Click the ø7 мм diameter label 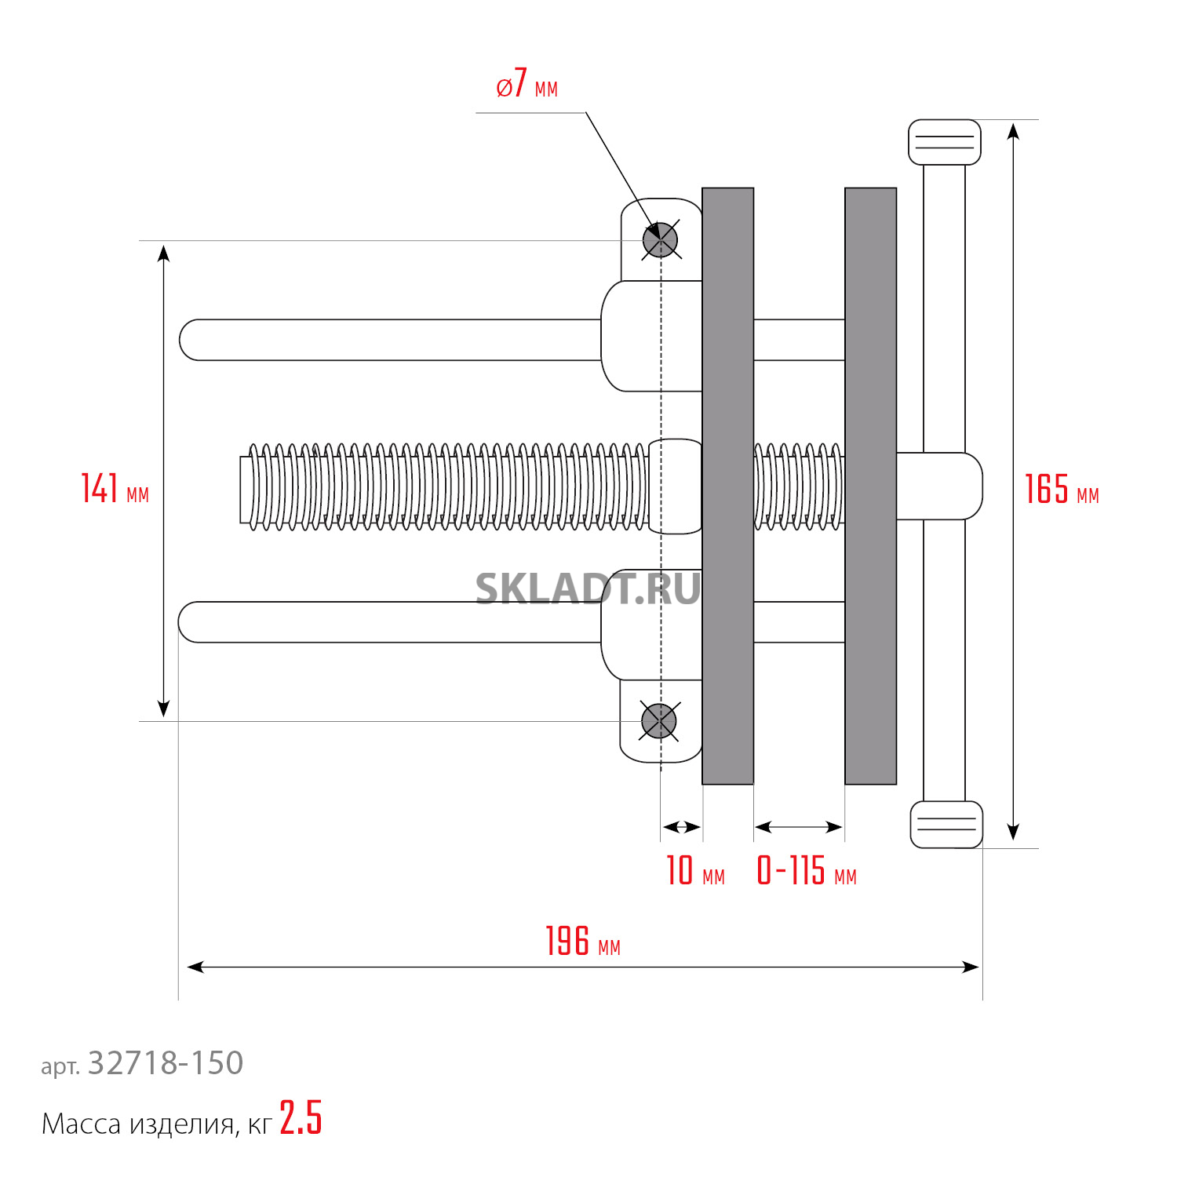[527, 84]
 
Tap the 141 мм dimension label [115, 488]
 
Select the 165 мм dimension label [1062, 489]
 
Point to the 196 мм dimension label [583, 941]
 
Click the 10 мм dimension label [695, 870]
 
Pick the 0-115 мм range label [807, 870]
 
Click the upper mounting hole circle [660, 240]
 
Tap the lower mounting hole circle [659, 721]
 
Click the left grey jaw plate [728, 486]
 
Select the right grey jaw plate [871, 486]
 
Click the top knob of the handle [945, 142]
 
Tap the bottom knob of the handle [946, 825]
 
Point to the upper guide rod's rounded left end [188, 340]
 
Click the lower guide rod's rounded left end [188, 622]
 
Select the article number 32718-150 [166, 1063]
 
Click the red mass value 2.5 [301, 1117]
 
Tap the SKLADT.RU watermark [588, 588]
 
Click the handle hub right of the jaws [939, 486]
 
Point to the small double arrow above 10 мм [681, 827]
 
